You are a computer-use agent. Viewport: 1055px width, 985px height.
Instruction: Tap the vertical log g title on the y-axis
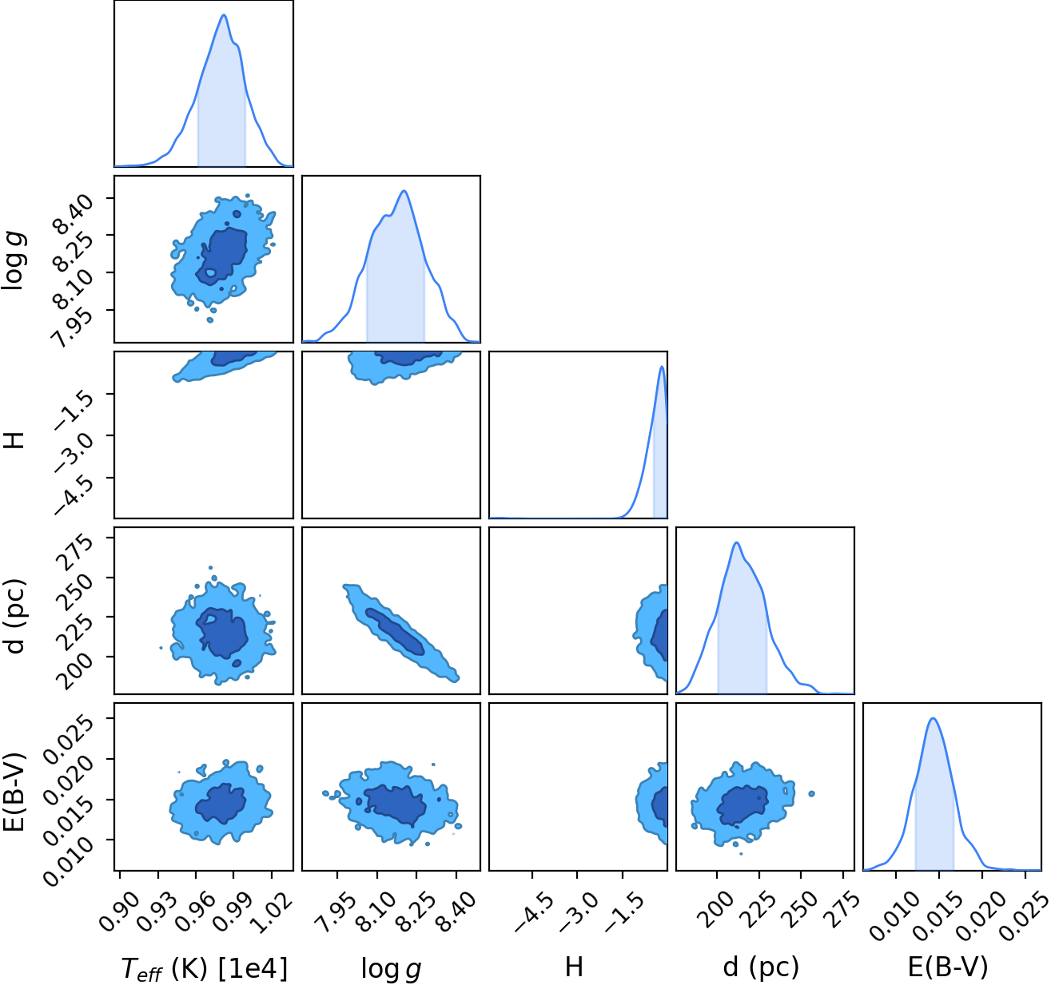pos(14,260)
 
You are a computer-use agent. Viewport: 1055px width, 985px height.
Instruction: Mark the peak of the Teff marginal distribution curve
pos(224,15)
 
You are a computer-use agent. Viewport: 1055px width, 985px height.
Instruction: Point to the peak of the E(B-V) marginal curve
pos(933,718)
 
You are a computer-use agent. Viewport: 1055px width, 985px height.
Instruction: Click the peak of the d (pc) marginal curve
pos(737,542)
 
